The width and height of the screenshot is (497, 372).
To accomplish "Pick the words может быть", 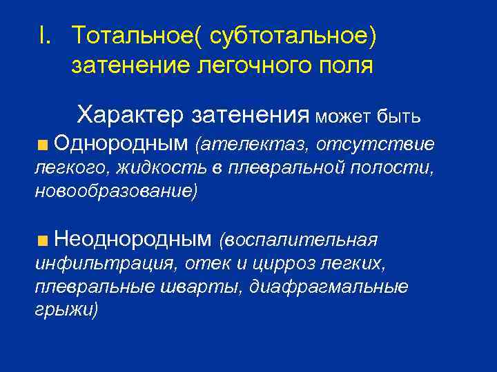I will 367,115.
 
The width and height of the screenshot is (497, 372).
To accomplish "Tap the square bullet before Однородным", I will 43,145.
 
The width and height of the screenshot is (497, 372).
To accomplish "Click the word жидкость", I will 159,167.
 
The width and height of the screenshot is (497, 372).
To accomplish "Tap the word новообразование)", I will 115,190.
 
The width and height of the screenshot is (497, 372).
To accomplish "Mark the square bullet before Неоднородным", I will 43,240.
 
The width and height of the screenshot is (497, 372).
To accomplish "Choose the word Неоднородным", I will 133,239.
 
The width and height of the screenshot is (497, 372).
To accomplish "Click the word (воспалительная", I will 298,240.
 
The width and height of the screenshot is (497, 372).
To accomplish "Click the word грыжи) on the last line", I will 66,309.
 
